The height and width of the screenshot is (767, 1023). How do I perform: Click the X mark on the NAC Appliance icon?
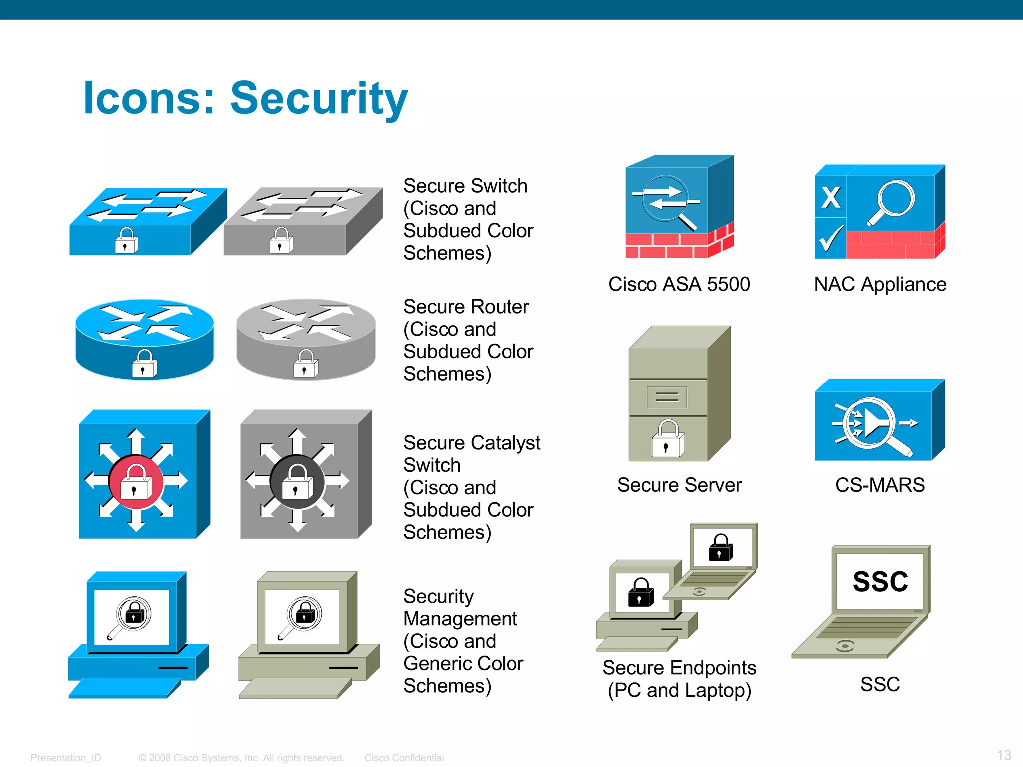831,197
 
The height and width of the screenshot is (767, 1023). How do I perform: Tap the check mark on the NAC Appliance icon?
831,239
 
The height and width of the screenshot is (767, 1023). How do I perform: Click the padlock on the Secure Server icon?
668,439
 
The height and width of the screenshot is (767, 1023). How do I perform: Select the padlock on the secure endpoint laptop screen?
721,548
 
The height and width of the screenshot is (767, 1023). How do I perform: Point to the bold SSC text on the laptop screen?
880,582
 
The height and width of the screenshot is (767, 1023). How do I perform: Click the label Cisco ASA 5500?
679,284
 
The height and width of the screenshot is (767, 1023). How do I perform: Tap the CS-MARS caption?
880,485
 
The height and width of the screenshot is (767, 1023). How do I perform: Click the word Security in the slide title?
319,98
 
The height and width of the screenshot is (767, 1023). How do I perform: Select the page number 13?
1004,755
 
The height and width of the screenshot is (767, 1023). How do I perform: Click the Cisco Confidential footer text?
404,758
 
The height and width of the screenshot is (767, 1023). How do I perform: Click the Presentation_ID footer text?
66,758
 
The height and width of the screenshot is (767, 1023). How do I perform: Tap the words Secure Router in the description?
466,307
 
